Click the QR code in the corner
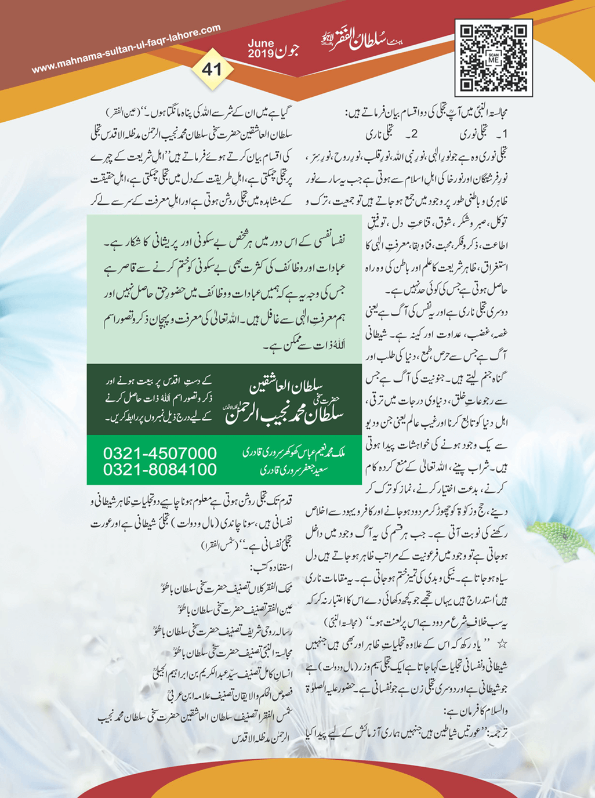[494, 57]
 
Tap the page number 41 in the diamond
[212, 69]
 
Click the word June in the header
[260, 43]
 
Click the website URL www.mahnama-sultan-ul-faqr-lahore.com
[126, 49]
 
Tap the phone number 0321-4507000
[159, 453]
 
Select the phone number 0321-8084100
[159, 469]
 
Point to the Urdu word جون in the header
[288, 49]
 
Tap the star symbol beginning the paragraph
[502, 644]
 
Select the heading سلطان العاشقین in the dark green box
[285, 385]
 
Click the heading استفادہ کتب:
[271, 567]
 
